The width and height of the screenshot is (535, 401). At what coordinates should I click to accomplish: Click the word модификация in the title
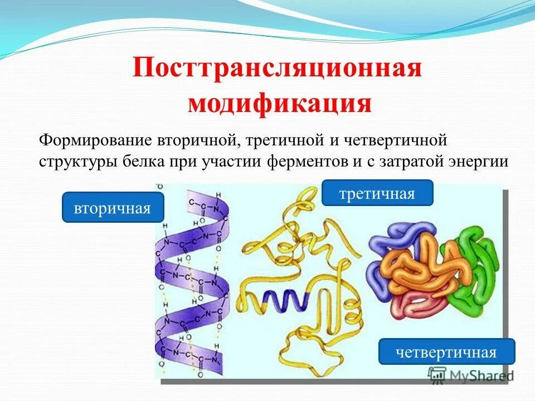click(279, 103)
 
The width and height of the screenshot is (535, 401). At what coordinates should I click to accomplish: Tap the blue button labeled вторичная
click(113, 208)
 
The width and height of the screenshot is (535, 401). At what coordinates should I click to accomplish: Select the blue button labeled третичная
click(377, 193)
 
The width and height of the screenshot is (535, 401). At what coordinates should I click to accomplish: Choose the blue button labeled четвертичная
click(446, 352)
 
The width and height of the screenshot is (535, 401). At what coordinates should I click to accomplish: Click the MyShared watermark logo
click(471, 374)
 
